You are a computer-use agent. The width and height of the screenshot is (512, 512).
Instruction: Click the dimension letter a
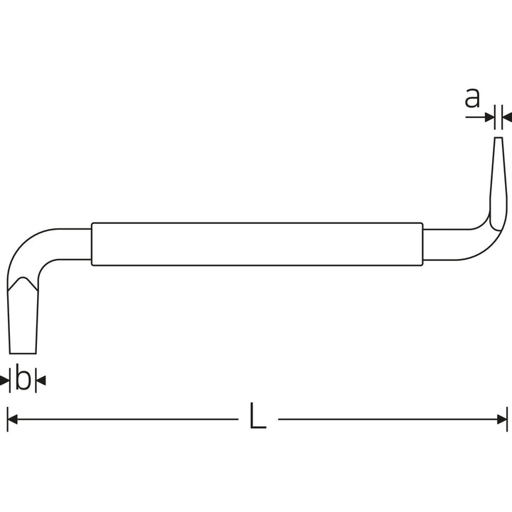[x=472, y=97]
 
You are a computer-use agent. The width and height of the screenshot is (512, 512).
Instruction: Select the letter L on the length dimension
[x=257, y=415]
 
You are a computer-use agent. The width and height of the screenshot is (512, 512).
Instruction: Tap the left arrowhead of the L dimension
[x=12, y=420]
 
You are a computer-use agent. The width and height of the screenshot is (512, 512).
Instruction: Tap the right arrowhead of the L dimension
[x=502, y=420]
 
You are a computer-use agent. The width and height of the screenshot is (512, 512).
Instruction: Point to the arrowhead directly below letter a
[x=490, y=117]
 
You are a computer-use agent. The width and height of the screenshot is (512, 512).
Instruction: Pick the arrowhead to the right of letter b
[x=41, y=380]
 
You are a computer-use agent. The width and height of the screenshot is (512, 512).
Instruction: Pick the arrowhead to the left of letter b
[x=4, y=380]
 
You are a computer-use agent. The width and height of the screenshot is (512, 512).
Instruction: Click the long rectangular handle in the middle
[x=257, y=244]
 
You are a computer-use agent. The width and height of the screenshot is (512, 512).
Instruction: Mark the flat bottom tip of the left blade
[x=23, y=353]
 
